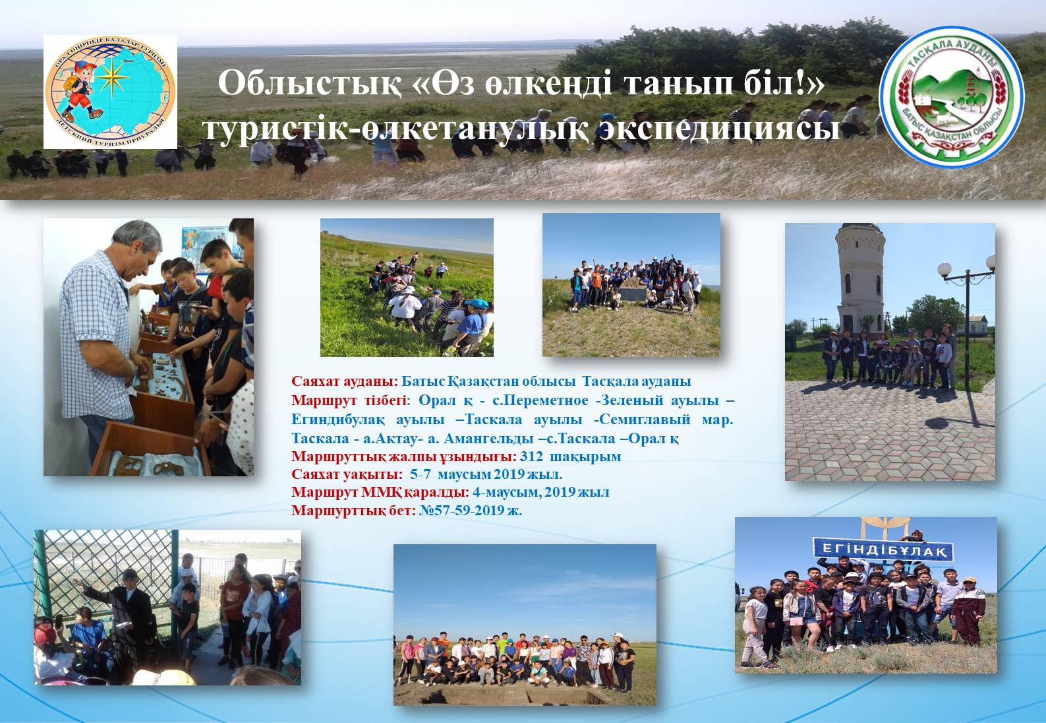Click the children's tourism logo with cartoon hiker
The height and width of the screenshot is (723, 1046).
click(x=110, y=92)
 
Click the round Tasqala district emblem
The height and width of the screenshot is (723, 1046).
click(x=952, y=97)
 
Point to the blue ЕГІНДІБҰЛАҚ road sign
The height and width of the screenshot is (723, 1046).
click(x=883, y=549)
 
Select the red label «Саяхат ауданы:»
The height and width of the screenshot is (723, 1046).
click(x=345, y=381)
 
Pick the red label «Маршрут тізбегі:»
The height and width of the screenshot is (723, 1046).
click(x=350, y=400)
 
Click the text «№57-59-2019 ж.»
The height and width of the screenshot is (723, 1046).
click(x=470, y=511)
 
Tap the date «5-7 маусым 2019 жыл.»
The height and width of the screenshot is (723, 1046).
click(x=486, y=474)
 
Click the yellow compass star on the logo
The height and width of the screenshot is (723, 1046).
click(x=112, y=77)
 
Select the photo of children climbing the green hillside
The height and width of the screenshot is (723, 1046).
click(x=407, y=288)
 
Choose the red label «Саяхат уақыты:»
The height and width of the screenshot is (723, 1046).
click(x=347, y=474)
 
